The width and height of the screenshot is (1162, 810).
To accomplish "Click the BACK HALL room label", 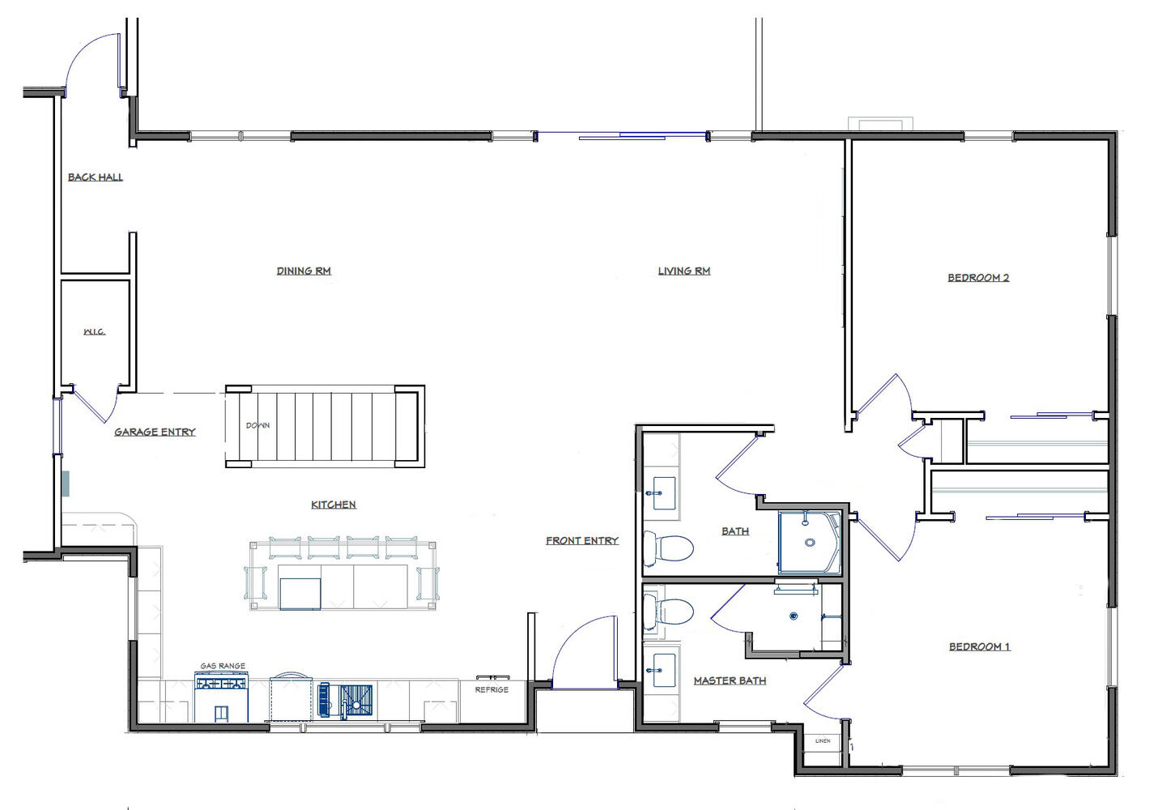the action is (96, 177).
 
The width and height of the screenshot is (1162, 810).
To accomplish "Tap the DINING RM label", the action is (304, 271).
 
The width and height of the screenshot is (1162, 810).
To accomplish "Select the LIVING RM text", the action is (684, 271).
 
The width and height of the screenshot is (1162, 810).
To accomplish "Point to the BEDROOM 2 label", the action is (979, 278).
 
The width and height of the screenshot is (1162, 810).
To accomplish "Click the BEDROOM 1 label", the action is (980, 646).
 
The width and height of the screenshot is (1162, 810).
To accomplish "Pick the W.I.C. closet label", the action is (95, 331).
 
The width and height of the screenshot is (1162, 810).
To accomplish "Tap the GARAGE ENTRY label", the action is (155, 432).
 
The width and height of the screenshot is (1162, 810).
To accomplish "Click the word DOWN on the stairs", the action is (258, 425).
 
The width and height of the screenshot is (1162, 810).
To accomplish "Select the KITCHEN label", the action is (334, 505).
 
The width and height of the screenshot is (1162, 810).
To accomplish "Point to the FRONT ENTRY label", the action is (582, 541).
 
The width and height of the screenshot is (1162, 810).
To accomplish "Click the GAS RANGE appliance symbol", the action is (222, 697).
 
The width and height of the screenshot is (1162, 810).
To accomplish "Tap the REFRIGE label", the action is (492, 689).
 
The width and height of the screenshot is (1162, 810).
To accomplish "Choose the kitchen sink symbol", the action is (346, 700).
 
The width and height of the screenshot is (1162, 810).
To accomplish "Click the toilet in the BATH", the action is (669, 548).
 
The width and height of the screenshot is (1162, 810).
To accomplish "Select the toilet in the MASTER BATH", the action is (669, 612).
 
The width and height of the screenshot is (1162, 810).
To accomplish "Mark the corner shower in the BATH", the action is (810, 542).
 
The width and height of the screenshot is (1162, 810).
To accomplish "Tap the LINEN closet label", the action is (823, 741).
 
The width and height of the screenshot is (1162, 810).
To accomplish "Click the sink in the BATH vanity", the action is (662, 493).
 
